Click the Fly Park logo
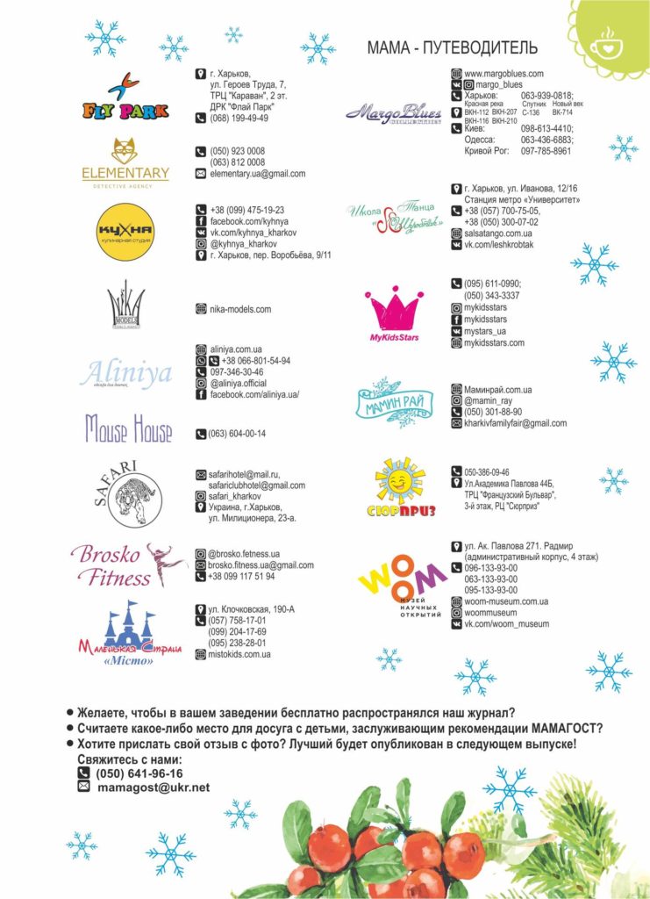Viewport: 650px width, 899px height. [125, 97]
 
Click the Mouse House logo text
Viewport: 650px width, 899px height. [128, 428]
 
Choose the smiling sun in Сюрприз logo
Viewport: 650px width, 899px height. [401, 480]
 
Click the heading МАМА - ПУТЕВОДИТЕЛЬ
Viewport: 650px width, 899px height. [452, 47]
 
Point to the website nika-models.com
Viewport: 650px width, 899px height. [240, 309]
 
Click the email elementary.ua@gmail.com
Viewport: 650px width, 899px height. [257, 174]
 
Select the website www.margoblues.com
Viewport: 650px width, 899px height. [504, 74]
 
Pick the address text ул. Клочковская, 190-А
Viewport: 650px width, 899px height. [251, 609]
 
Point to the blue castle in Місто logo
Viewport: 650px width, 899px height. [129, 624]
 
